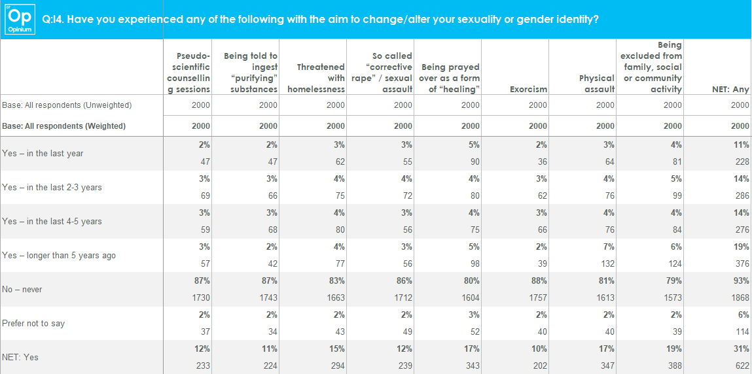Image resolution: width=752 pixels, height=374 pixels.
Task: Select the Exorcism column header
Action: pyautogui.click(x=528, y=89)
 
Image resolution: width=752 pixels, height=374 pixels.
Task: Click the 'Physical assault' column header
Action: pyautogui.click(x=597, y=83)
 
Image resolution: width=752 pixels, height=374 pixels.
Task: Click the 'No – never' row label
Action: pyautogui.click(x=22, y=289)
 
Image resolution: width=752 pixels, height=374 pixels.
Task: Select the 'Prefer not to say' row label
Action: pyautogui.click(x=33, y=323)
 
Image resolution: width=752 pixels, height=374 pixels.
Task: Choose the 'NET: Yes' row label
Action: pyautogui.click(x=21, y=357)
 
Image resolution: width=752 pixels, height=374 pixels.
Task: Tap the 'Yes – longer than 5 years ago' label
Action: pyautogui.click(x=59, y=255)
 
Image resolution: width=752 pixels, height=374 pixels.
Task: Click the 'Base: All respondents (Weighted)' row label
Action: pyautogui.click(x=63, y=126)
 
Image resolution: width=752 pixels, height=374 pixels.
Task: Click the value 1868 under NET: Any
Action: pyautogui.click(x=740, y=298)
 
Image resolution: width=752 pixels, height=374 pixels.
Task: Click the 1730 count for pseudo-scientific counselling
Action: pyautogui.click(x=201, y=298)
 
